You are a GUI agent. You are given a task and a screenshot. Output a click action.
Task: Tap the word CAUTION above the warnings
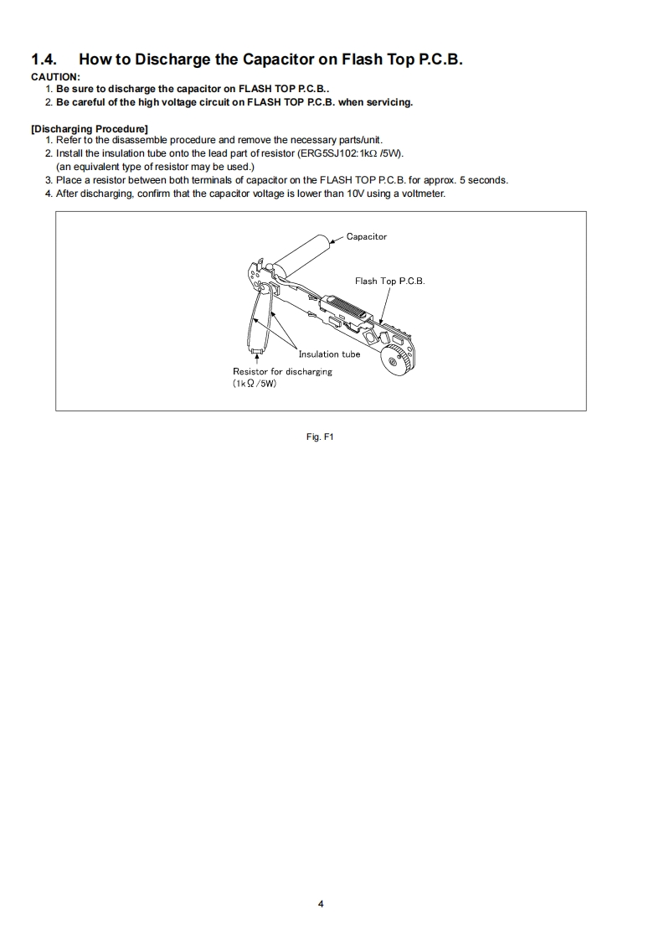tap(55, 77)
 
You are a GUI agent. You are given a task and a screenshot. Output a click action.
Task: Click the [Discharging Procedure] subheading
tap(90, 128)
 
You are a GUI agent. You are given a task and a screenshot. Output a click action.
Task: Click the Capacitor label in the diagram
tap(367, 237)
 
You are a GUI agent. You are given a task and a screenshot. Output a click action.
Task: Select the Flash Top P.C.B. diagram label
tap(389, 281)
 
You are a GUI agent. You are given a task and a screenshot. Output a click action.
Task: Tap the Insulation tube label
tap(329, 354)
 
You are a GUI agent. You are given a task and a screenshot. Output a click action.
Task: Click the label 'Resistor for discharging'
tap(282, 371)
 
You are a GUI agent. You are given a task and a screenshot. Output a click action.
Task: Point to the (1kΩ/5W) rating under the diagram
tap(255, 384)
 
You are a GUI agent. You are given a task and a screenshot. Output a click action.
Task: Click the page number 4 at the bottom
tap(321, 904)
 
